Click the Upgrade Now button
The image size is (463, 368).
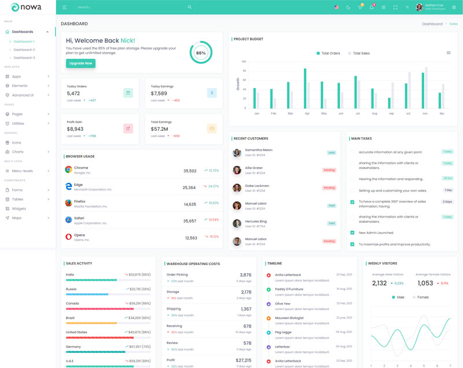tap(80, 63)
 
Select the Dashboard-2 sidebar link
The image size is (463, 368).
tap(24, 50)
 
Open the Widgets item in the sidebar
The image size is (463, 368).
tap(19, 208)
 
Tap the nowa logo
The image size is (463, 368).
tap(27, 7)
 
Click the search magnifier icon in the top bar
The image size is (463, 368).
tap(189, 7)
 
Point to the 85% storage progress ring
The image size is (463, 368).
tap(201, 53)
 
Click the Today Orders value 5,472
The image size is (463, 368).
tap(74, 93)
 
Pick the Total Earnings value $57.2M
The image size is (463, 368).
tap(159, 129)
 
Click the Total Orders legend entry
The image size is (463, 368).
tap(328, 53)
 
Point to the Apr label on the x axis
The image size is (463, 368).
tap(307, 113)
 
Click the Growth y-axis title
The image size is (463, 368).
tap(237, 84)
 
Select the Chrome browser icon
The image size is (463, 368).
tap(68, 170)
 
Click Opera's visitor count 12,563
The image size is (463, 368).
tap(191, 238)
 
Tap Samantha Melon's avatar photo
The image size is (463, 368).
tap(237, 153)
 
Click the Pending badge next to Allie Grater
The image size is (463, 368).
tap(329, 170)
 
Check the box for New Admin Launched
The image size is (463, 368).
tap(352, 233)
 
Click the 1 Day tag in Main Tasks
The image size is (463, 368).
tap(448, 190)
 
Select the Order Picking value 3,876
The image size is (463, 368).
tap(245, 275)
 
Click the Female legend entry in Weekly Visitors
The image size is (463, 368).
tap(421, 297)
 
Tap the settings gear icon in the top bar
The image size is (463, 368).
tap(454, 8)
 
